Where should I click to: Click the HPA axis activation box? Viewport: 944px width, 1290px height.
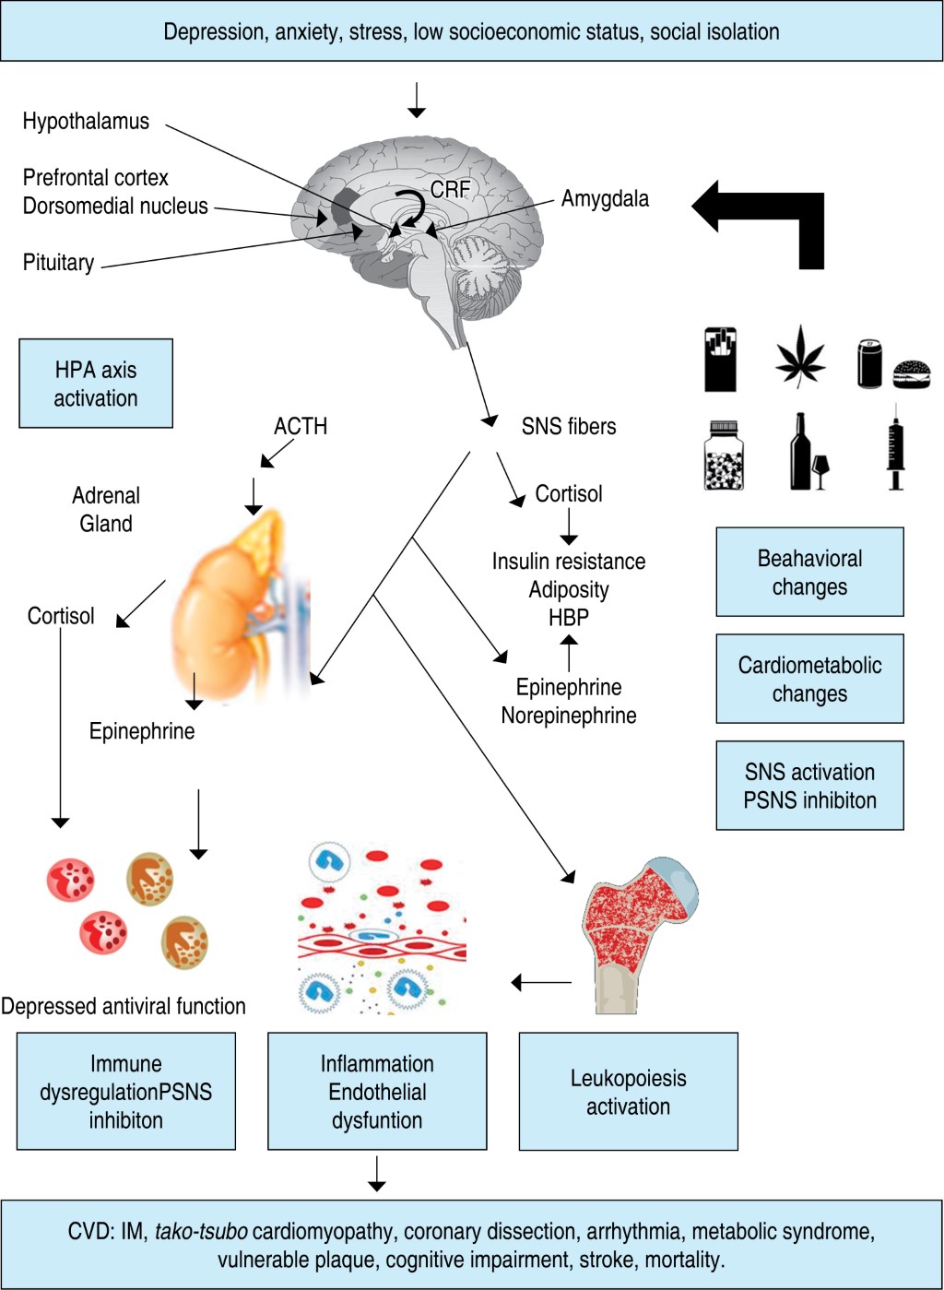point(96,384)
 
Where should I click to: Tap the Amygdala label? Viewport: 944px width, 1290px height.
point(605,198)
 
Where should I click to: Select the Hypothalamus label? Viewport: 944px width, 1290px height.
point(86,121)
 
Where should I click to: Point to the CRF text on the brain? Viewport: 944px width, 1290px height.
point(451,190)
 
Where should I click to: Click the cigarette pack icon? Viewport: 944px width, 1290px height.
point(720,360)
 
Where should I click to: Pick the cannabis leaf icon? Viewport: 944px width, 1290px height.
point(800,357)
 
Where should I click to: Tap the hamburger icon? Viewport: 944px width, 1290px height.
point(912,373)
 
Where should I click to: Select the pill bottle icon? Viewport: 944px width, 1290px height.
point(724,456)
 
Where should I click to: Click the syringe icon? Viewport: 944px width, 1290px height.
point(894,450)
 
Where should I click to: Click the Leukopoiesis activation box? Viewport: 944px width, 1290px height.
point(628,1092)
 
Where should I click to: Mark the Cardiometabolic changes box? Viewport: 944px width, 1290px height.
point(809,679)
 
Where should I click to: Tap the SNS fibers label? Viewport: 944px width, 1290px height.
point(569,426)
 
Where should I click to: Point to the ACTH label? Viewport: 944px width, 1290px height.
point(301,426)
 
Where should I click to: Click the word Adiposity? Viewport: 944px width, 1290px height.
point(569,589)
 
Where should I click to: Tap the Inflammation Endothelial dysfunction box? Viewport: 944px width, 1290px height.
point(377,1092)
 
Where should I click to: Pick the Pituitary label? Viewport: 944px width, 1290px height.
point(58,263)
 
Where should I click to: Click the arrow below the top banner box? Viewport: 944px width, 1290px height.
point(417,100)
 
